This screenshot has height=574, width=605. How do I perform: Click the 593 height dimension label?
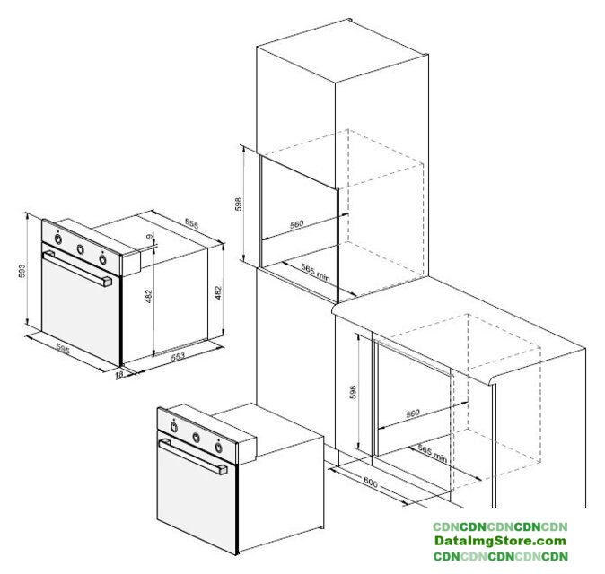(22, 271)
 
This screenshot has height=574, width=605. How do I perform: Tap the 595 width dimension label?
(63, 349)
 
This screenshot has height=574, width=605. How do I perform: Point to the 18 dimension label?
(119, 374)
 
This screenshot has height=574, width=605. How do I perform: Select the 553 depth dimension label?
(178, 356)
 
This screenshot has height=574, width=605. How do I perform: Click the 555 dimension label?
(192, 223)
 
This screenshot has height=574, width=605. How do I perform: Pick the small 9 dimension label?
(150, 236)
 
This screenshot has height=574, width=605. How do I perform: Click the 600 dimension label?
(371, 483)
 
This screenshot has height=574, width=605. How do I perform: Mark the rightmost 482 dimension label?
(218, 292)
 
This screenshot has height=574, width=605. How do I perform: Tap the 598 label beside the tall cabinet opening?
(239, 204)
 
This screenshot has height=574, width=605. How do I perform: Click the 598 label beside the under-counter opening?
(353, 392)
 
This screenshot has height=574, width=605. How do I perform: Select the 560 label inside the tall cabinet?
(297, 224)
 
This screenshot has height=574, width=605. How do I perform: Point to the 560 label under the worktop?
(413, 413)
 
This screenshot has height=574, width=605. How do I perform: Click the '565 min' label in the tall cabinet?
(316, 273)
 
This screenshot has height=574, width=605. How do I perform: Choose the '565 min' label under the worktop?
(433, 454)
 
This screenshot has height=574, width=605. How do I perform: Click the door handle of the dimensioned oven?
(77, 268)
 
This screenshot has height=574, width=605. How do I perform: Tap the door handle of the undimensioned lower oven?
(192, 457)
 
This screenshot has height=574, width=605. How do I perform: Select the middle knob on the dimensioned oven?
(80, 249)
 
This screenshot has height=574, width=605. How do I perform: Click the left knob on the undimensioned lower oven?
(174, 427)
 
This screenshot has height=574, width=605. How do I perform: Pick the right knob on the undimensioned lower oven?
(218, 448)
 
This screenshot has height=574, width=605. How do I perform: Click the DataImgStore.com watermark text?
(500, 541)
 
